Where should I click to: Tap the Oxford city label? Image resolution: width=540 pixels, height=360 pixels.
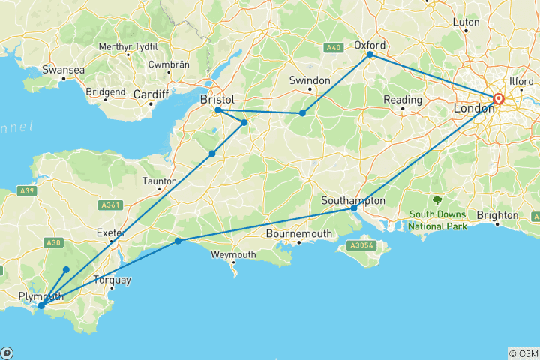[x=369, y=43]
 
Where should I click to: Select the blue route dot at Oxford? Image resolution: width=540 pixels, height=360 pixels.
[x=370, y=55]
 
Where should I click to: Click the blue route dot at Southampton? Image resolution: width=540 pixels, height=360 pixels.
[x=354, y=208]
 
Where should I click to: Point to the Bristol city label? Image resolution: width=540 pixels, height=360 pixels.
[x=217, y=99]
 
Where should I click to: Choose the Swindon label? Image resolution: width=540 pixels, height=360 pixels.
[x=310, y=80]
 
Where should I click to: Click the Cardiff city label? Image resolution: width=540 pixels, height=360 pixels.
[x=151, y=94]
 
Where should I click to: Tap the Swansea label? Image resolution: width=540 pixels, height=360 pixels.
[x=63, y=70]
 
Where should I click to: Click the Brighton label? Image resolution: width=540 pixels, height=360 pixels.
[x=497, y=215]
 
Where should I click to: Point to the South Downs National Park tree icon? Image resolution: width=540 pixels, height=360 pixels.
[x=437, y=200]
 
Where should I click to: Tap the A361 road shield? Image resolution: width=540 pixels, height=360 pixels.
[x=113, y=204]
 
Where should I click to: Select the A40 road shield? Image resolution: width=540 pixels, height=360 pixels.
[x=334, y=49]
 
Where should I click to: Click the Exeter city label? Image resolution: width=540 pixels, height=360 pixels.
[x=109, y=232]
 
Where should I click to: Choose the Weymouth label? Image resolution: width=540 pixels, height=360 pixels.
[x=232, y=255]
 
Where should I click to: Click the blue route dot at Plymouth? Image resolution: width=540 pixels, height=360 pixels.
[x=41, y=305]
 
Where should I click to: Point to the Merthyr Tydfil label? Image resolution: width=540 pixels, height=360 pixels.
[x=133, y=46]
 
